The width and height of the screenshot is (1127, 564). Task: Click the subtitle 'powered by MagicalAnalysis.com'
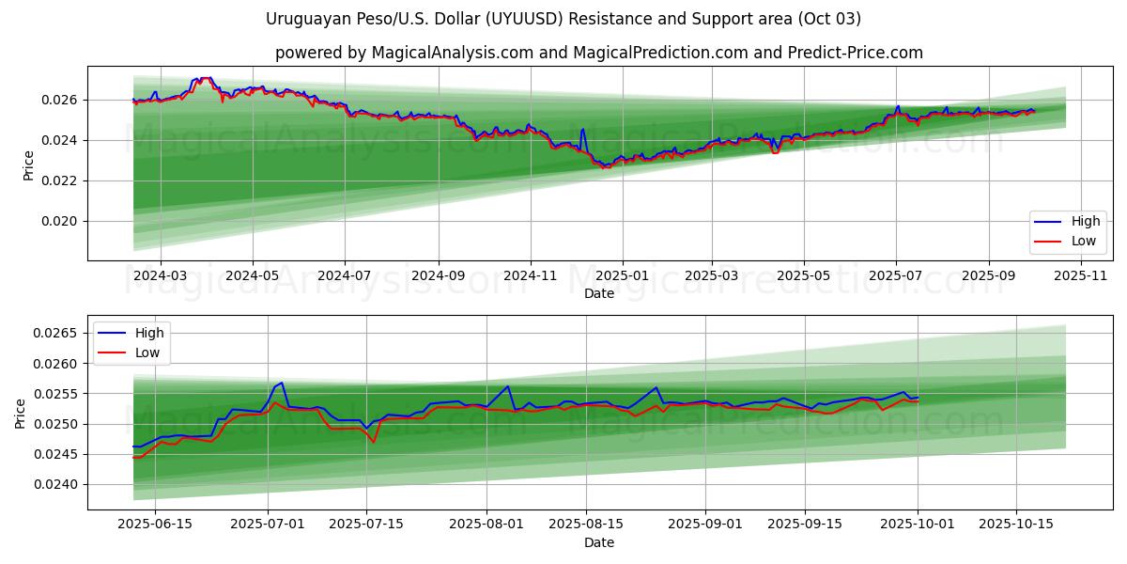pos(598,53)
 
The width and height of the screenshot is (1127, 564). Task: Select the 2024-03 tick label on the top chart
pos(161,275)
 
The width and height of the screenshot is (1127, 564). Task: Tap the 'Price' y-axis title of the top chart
pos(28,165)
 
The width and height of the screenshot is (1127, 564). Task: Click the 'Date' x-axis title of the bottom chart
pos(599,542)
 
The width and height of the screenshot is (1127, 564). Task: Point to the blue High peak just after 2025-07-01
pos(281,383)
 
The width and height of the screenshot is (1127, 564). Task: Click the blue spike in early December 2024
pos(583,129)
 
